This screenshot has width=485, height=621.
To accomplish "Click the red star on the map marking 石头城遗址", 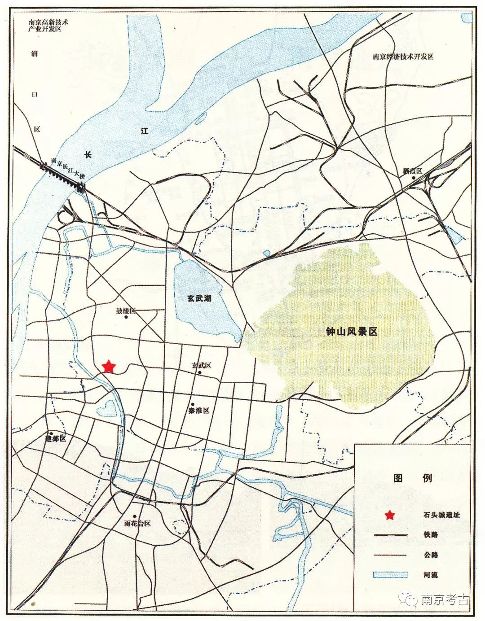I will point(108,367).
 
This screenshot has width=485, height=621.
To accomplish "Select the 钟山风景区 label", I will point(351,332).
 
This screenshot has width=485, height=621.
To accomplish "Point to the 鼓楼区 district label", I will point(126,311).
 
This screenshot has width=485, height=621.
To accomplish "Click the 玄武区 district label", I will point(201,365).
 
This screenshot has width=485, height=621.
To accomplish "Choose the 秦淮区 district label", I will point(199,411).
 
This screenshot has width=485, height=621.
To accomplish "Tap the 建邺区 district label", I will point(56,438).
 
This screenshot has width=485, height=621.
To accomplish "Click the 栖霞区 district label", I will point(413,171).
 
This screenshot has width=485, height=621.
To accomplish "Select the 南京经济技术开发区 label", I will point(403,57).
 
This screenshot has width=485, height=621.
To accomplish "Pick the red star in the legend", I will point(390,515).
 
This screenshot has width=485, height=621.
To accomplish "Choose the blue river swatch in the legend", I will point(389,575).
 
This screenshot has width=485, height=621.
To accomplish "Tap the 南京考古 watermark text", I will point(445,599).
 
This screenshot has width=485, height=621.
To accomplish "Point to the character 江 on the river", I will point(144,131).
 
